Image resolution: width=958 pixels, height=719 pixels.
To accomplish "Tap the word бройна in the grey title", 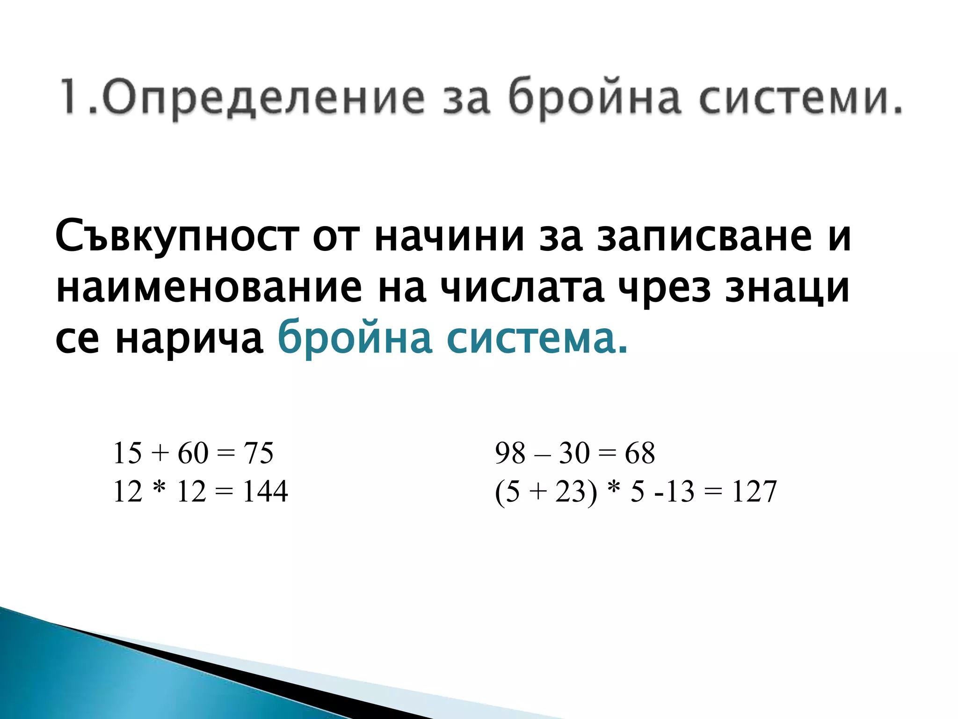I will (x=594, y=97).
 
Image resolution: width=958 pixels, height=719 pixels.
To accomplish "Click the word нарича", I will (x=189, y=339).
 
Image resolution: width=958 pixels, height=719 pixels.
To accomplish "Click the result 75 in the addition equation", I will (x=258, y=453).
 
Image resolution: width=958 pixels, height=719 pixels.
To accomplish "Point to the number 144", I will (x=265, y=492).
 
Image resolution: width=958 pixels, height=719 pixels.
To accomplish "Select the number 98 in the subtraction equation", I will (x=510, y=453).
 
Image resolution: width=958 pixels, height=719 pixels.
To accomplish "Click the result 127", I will (x=754, y=492).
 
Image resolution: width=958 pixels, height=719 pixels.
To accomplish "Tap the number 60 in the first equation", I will (x=193, y=453).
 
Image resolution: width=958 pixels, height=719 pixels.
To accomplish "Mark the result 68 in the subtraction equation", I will (x=640, y=453).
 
